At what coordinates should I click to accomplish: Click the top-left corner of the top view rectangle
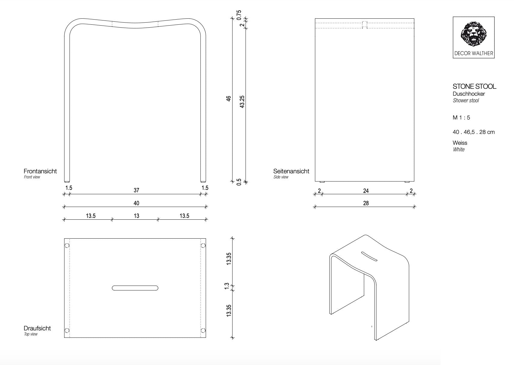click(64, 238)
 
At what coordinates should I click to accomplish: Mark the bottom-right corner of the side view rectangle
click(414, 181)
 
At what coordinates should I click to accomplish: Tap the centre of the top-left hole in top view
click(67, 246)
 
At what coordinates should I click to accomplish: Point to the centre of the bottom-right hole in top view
click(203, 330)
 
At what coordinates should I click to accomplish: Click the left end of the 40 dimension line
click(64, 207)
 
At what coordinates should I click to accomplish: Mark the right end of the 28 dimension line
click(414, 207)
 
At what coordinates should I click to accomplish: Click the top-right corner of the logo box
click(494, 17)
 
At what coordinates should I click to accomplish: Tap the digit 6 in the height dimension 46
click(228, 97)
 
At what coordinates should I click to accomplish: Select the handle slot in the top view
click(135, 288)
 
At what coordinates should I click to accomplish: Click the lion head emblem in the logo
click(474, 34)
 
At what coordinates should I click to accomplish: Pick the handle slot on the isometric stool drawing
click(369, 256)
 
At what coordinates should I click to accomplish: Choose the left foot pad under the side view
click(322, 182)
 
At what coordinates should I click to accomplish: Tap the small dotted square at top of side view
click(365, 25)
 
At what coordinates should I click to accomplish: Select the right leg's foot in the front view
click(203, 182)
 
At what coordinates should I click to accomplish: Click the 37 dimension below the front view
click(136, 190)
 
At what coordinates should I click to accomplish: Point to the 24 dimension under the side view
click(366, 191)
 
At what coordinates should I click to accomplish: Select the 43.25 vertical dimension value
click(242, 102)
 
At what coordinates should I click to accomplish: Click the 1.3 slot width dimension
click(227, 286)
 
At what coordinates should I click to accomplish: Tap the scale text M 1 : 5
click(461, 118)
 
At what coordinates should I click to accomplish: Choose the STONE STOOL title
click(474, 86)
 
